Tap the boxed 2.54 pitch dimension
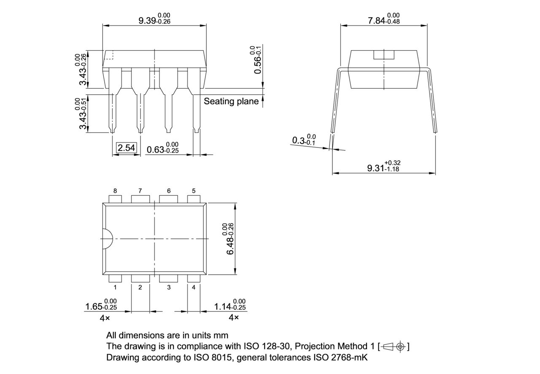(x=126, y=148)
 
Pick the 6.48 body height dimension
(x=230, y=239)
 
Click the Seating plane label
(x=231, y=101)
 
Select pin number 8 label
(x=115, y=191)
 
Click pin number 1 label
(x=115, y=287)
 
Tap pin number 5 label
(x=194, y=191)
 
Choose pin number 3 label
(x=169, y=287)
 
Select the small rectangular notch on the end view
(x=383, y=55)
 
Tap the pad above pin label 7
(x=140, y=199)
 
